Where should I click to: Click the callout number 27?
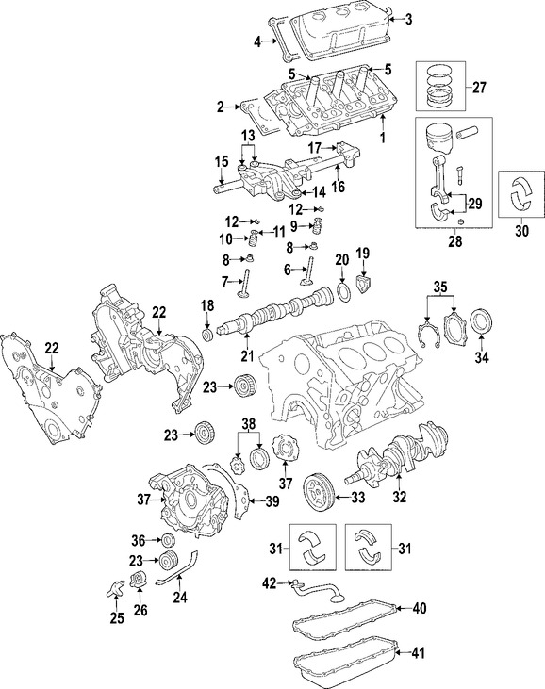click(x=479, y=88)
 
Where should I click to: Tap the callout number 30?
click(x=521, y=231)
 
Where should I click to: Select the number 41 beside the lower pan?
click(x=419, y=652)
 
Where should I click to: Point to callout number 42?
click(x=269, y=583)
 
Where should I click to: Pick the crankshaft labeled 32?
click(x=395, y=452)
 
